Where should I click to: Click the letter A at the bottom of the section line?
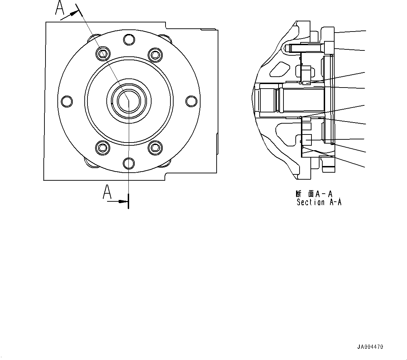[107, 192]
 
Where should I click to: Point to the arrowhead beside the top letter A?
[74, 14]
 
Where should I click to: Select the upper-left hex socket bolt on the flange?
[103, 54]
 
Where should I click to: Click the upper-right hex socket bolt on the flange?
[154, 54]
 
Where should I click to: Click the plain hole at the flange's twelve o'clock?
[129, 40]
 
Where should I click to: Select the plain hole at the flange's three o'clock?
[191, 101]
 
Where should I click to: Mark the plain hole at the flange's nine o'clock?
[66, 101]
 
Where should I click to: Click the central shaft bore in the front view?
[128, 101]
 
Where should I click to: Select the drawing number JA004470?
[370, 347]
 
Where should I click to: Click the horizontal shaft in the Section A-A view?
[294, 100]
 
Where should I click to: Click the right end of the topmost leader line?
[366, 30]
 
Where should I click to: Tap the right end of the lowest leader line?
[366, 166]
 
